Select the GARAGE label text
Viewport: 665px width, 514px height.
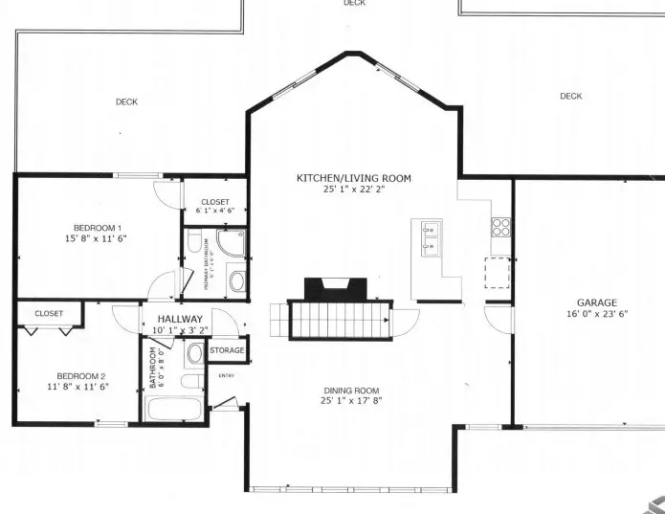tap(596, 302)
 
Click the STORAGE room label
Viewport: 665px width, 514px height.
tap(227, 351)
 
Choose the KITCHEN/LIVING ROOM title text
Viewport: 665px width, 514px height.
tap(353, 178)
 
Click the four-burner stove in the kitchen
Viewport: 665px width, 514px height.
tap(501, 227)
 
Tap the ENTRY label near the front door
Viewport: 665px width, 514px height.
tap(227, 375)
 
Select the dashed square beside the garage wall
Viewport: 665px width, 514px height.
tap(497, 273)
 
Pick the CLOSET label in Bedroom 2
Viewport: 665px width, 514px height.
tap(49, 313)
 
